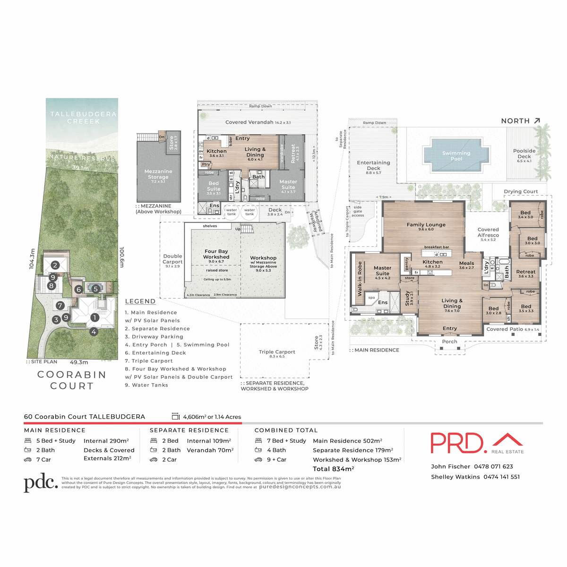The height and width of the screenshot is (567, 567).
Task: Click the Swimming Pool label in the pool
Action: [x=456, y=156]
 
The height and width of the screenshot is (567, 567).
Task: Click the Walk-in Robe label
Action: [x=360, y=279]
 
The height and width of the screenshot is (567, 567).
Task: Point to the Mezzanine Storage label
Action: [x=158, y=174]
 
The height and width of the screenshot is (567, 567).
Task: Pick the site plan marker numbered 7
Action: [x=60, y=306]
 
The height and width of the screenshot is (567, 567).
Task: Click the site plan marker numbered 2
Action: [x=55, y=265]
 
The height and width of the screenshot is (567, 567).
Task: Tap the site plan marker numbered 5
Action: [x=95, y=289]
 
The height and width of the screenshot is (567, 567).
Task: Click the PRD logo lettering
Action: [x=457, y=443]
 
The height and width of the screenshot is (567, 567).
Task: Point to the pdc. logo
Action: [x=41, y=482]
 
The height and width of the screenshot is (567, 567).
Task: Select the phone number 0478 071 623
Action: [x=493, y=466]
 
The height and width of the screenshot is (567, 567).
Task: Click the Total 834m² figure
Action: [x=333, y=469]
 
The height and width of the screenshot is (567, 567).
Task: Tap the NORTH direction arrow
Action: [x=537, y=121]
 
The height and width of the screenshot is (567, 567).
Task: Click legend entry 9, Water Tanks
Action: [x=146, y=385]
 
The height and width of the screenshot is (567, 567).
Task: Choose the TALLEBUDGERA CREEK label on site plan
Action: [x=83, y=118]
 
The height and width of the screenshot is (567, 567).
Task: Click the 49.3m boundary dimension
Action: [x=79, y=362]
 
